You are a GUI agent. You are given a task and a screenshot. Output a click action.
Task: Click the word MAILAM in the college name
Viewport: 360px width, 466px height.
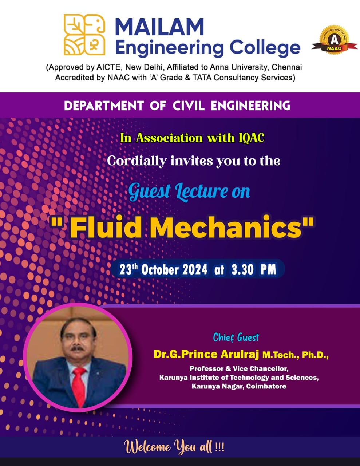pyautogui.click(x=159, y=27)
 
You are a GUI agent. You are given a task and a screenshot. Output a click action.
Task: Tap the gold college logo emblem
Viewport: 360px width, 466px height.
pyautogui.click(x=84, y=35)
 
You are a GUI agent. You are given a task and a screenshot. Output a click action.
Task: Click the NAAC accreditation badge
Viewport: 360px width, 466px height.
pyautogui.click(x=334, y=40)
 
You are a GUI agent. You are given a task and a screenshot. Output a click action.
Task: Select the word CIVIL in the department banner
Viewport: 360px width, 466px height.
pyautogui.click(x=189, y=106)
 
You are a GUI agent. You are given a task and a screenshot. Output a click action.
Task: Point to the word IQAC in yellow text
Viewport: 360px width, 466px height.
pyautogui.click(x=252, y=138)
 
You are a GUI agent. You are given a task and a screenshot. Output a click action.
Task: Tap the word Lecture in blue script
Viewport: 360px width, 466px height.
pyautogui.click(x=202, y=191)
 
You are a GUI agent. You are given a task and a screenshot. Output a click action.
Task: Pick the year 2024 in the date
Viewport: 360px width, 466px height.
pyautogui.click(x=195, y=269)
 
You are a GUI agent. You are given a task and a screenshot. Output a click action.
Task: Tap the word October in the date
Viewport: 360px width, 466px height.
pyautogui.click(x=160, y=269)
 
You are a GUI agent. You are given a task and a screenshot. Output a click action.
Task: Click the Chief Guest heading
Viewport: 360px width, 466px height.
pyautogui.click(x=236, y=337)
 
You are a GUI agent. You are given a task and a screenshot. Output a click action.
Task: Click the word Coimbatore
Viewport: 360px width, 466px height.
pyautogui.click(x=266, y=386)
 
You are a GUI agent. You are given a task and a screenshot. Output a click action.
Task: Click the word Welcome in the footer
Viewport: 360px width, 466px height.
pyautogui.click(x=147, y=447)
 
